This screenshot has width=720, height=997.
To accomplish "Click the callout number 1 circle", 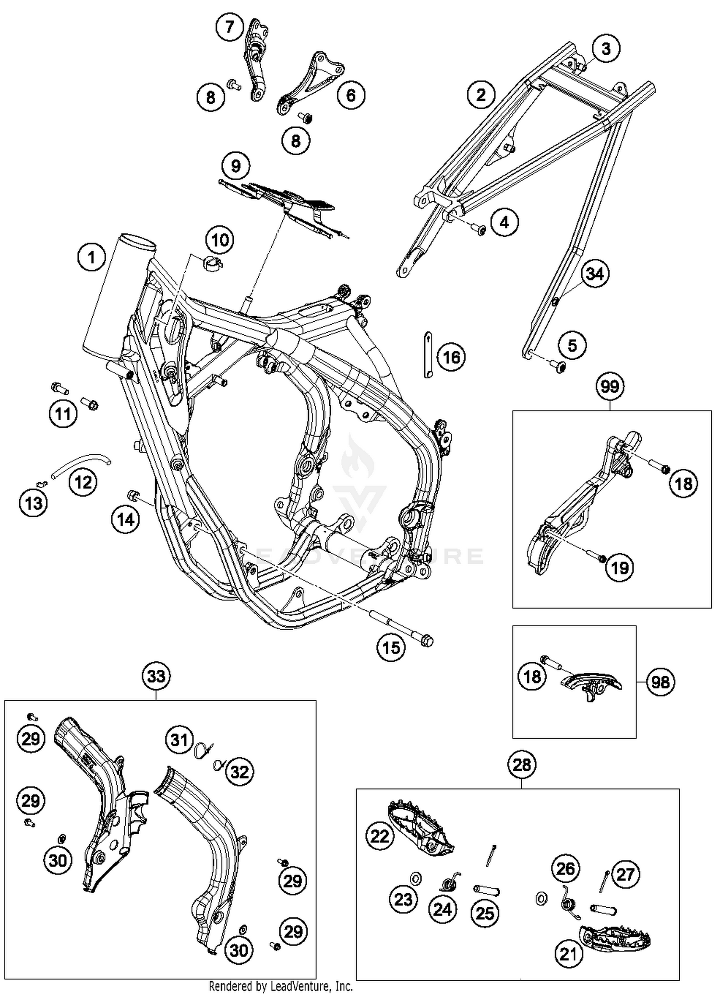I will (91, 258).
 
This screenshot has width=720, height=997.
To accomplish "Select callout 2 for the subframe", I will (481, 95).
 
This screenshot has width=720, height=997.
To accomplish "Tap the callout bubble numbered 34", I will (595, 274).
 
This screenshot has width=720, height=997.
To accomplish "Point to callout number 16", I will (451, 357).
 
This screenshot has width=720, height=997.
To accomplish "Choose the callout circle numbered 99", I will (610, 386).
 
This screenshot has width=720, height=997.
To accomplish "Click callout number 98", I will (660, 681).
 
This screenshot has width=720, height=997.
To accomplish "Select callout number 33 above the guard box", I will (156, 676).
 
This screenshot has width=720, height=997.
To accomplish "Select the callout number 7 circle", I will (229, 27).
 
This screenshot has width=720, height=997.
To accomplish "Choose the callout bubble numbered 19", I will (620, 568).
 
